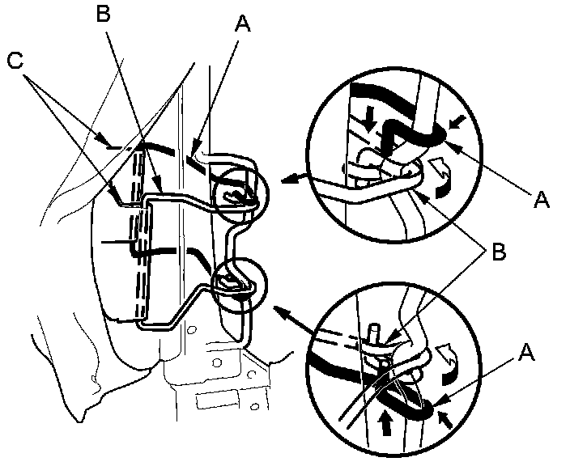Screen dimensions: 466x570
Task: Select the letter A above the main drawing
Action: click(x=243, y=25)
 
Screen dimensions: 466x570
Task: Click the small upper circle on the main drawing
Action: click(x=238, y=193)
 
